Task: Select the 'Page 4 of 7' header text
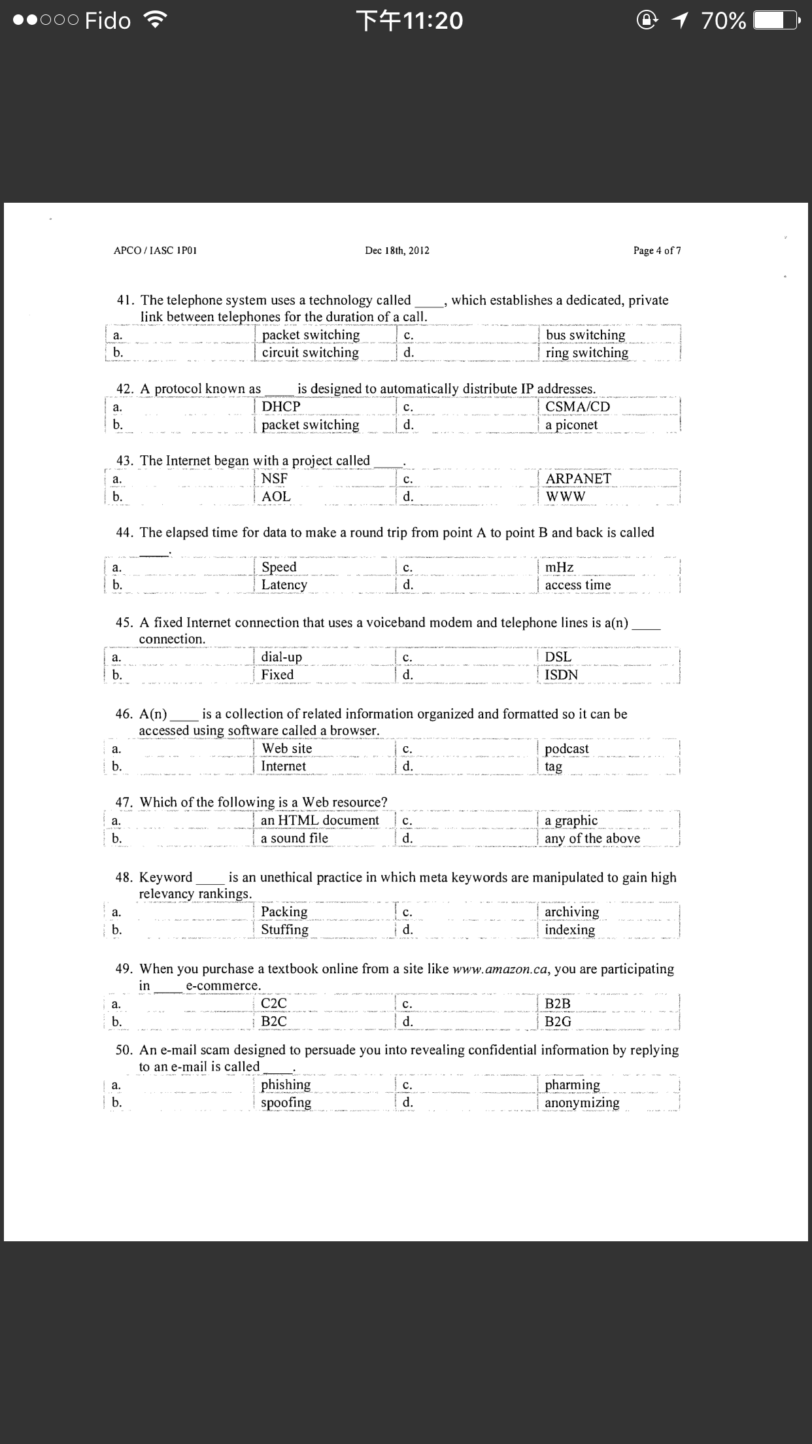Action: click(x=656, y=250)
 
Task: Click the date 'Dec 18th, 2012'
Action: click(x=397, y=250)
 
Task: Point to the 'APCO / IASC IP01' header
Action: click(x=156, y=250)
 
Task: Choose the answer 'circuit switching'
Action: click(x=310, y=352)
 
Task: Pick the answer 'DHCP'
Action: click(x=281, y=406)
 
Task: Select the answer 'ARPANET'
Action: click(x=578, y=479)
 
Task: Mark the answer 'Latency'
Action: click(x=284, y=585)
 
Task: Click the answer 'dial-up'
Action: click(x=281, y=657)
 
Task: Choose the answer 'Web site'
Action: click(x=286, y=748)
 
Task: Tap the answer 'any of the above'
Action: click(x=592, y=838)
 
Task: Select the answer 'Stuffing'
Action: click(x=284, y=929)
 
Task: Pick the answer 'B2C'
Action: click(x=273, y=1022)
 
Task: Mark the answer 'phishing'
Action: click(x=286, y=1084)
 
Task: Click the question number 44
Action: click(x=124, y=533)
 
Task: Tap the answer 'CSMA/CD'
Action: click(x=577, y=406)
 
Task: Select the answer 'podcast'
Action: click(x=566, y=748)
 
